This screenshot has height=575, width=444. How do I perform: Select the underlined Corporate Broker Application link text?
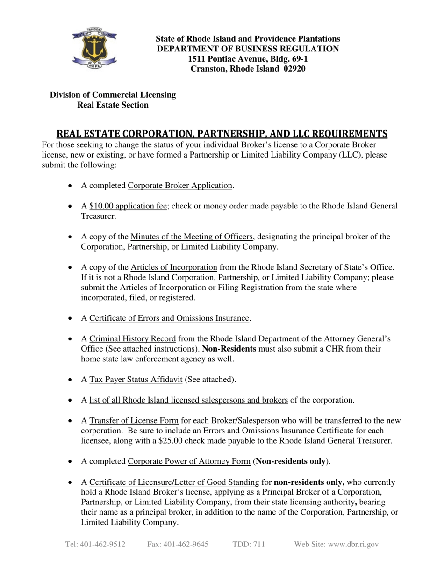click(x=180, y=186)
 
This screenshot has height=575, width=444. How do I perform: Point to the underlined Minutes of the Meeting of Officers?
click(x=192, y=237)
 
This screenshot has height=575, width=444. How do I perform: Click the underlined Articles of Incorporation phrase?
click(x=174, y=267)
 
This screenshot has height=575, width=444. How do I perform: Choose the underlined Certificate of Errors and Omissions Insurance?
click(x=169, y=318)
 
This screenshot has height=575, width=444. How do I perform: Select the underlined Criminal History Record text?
click(x=132, y=339)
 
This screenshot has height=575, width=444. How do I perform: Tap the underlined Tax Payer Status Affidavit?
click(x=136, y=380)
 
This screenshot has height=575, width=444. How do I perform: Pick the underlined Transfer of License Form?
click(x=134, y=421)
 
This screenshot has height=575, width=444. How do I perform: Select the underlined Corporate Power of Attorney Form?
click(x=189, y=461)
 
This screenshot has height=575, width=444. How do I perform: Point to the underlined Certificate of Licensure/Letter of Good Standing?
click(x=174, y=482)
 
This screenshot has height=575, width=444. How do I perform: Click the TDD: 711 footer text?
click(x=249, y=545)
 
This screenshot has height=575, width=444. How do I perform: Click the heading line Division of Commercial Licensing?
click(x=113, y=95)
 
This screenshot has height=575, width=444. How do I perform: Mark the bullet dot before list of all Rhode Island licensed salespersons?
click(x=70, y=401)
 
